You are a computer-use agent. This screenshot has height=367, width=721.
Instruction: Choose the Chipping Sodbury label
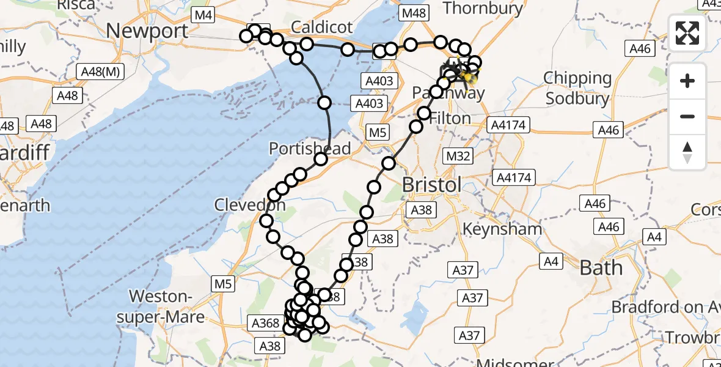coord(577,88)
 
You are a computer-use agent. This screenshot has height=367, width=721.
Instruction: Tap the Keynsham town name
coord(502,229)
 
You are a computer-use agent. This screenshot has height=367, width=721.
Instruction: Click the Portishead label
coord(310,149)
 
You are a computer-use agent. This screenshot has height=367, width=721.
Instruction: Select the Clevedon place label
coord(249,206)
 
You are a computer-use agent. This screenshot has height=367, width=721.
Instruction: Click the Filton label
coord(450,118)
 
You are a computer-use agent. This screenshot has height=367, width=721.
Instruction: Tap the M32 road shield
coord(458,157)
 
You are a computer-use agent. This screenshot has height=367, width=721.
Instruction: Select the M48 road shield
coord(414,13)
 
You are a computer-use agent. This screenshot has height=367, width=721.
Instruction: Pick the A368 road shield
coord(266,323)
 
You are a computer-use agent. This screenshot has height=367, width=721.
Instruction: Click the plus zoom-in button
coord(687,81)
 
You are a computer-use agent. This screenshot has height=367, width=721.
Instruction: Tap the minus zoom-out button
coord(687,116)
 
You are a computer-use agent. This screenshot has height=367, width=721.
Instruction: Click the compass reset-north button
coord(687,152)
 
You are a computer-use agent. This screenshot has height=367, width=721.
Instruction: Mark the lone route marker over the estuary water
coord(324,103)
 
